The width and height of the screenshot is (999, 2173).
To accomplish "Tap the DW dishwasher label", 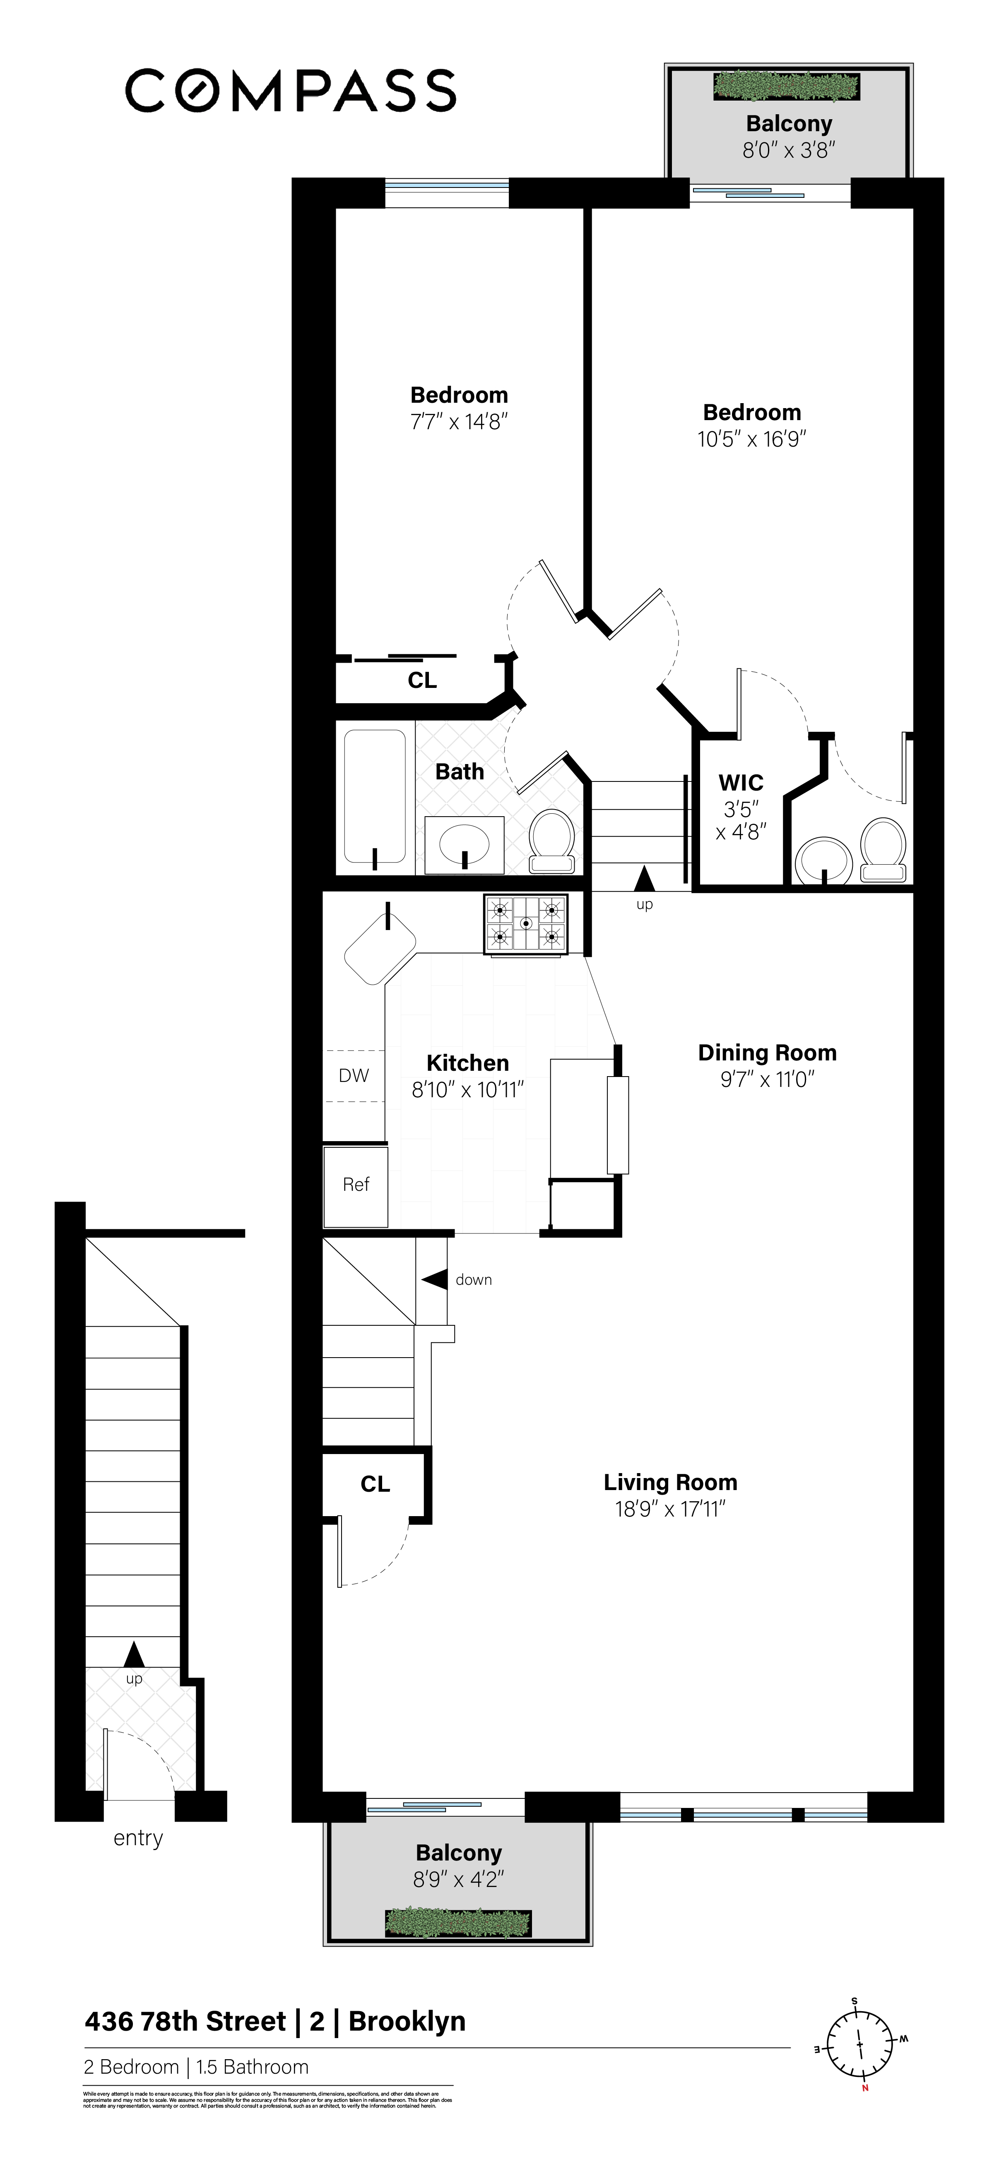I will (354, 1076).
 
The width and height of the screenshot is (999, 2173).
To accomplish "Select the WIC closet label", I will (741, 783).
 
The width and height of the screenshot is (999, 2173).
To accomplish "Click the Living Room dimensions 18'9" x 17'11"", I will (670, 1509).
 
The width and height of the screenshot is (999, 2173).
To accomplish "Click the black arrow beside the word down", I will (435, 1280).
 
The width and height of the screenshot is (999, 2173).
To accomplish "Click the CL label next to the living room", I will (376, 1484).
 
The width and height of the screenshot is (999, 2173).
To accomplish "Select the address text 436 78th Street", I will (185, 2022).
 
